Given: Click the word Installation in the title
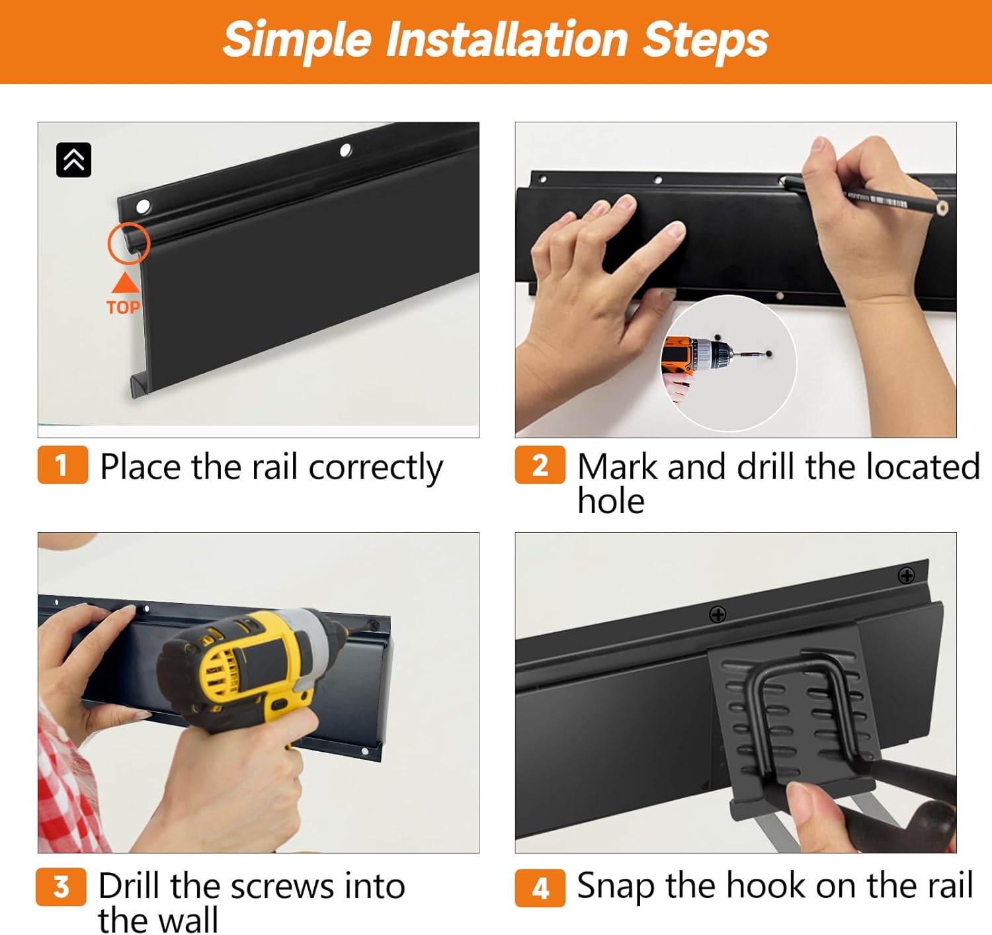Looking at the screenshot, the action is click(507, 40).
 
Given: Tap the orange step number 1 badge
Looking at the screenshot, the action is click(62, 464).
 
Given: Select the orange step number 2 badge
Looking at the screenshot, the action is click(540, 464).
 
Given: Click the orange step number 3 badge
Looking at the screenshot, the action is click(61, 887).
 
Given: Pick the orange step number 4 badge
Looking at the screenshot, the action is click(540, 887).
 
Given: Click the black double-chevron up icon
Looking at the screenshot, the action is click(73, 160).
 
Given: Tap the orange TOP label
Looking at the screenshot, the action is click(123, 307).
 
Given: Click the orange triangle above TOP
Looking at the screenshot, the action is click(126, 284).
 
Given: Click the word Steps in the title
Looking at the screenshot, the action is click(705, 41).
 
